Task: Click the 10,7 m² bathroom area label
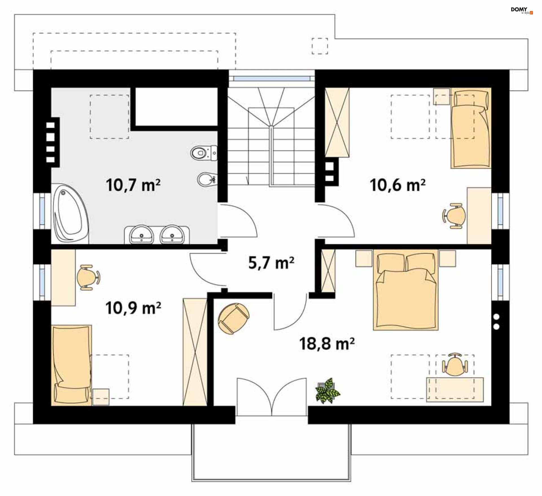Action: pos(133,185)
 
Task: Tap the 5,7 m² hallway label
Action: pos(271,263)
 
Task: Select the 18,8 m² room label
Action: pos(327,344)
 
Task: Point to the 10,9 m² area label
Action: pos(133,308)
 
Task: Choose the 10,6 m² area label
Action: pos(397,185)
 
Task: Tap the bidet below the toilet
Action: pos(207,179)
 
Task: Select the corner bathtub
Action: pos(71,213)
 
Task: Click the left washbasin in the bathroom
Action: pos(141,234)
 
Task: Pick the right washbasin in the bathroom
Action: pos(172,234)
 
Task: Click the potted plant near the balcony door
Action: pos(327,391)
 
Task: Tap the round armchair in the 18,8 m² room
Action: pos(234,318)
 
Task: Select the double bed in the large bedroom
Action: pos(406,290)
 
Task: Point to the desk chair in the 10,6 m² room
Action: pos(454,216)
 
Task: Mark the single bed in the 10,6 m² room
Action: pos(471,128)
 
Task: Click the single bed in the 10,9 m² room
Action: pos(71,365)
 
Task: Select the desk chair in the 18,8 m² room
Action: pos(455,365)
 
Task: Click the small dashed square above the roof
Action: pos(320,46)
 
